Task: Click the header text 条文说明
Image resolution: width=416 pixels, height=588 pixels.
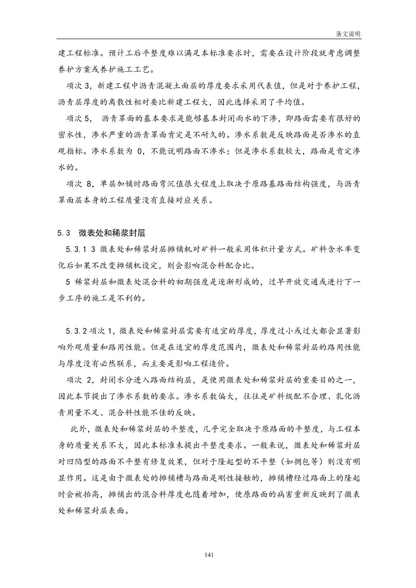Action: [x=348, y=34]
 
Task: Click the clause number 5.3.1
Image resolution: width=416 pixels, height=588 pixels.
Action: [x=76, y=250]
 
